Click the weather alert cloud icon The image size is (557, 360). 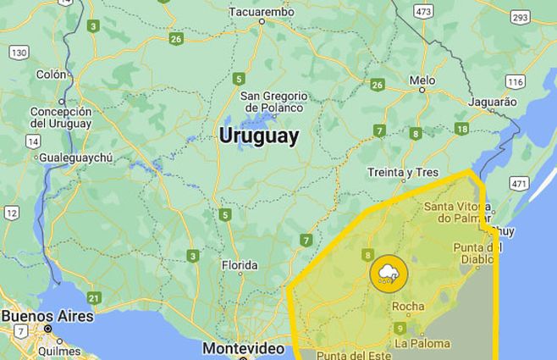pos(389,273)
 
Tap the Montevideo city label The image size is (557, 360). pos(243,348)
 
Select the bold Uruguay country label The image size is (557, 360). pos(259,136)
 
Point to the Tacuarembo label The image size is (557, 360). pos(261,13)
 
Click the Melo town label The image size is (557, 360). pos(422,80)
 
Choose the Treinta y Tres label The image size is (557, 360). pos(403,173)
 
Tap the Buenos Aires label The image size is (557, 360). pos(47,316)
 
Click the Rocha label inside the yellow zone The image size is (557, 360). pos(408,307)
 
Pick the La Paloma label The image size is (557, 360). pos(422,343)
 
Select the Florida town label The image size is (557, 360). pos(239,265)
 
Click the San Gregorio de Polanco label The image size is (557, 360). pos(273,102)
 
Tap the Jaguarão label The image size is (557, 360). pos(492,102)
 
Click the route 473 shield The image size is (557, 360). pos(423,11)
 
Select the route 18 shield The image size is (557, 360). pos(461,129)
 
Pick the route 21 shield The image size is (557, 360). pos(94,297)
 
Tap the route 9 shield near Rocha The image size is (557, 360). pos(400,328)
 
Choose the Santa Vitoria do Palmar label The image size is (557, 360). pos(457,213)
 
